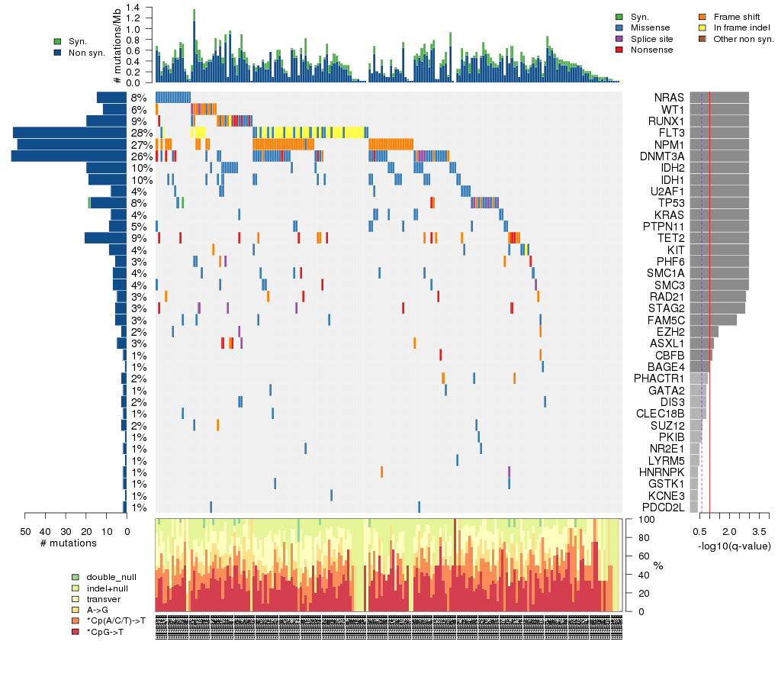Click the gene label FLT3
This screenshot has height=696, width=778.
tap(669, 133)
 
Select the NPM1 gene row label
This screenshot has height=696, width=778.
tap(668, 144)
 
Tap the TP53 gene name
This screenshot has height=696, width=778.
tap(669, 203)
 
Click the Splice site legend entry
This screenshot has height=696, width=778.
tap(655, 38)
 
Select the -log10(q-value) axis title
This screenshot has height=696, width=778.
tap(734, 546)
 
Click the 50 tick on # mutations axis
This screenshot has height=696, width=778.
tap(25, 531)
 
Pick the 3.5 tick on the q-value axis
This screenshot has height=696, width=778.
tap(759, 530)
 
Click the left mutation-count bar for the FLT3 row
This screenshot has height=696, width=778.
tap(69, 133)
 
